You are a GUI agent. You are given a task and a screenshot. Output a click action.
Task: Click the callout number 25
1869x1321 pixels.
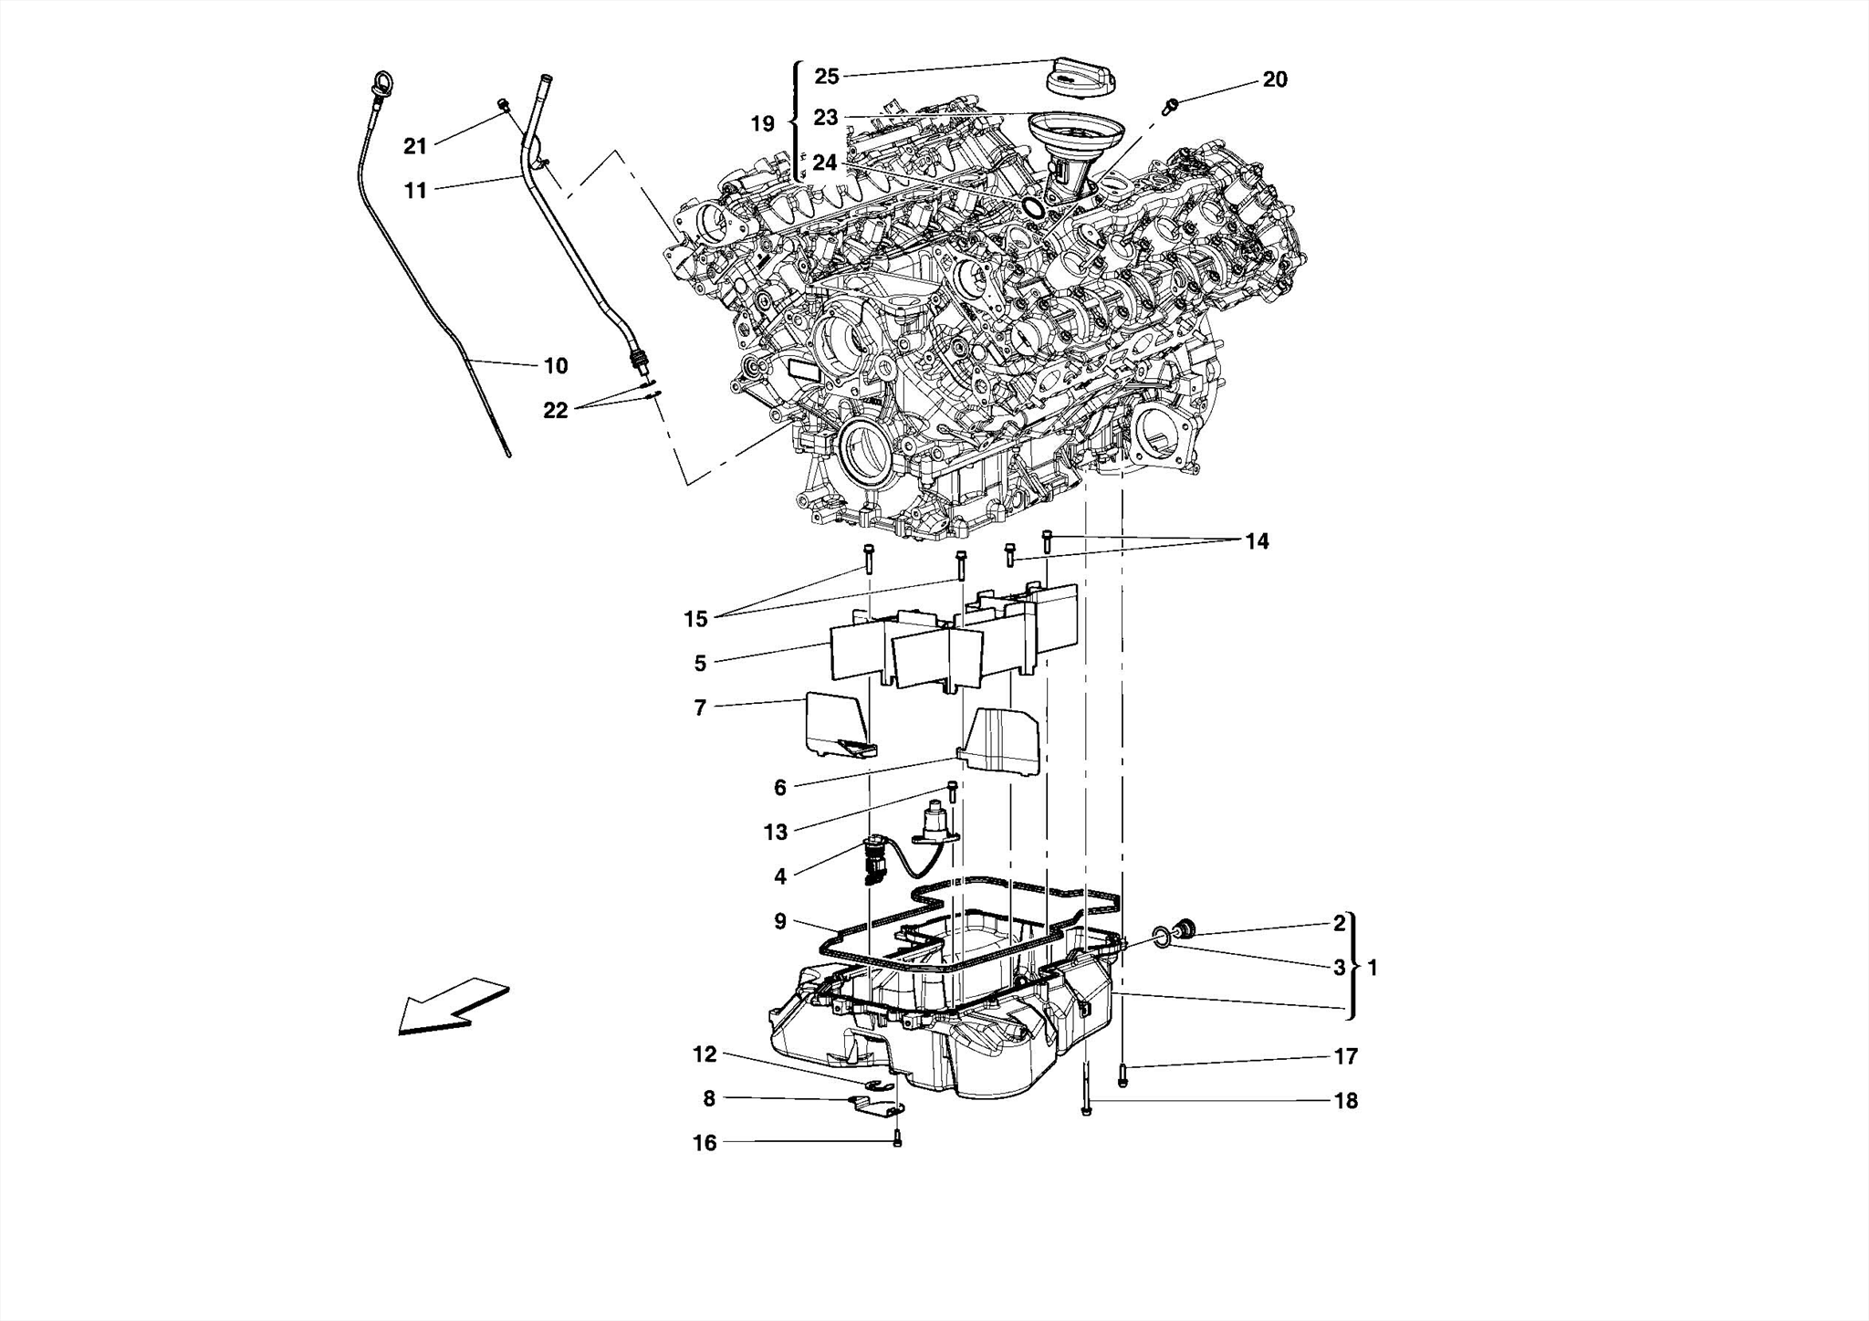[827, 76]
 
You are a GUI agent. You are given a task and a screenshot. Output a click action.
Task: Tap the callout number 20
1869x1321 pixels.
[1275, 79]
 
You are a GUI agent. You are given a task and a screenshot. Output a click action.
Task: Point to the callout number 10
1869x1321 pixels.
[556, 365]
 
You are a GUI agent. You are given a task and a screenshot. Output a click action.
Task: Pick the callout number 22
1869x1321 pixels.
[555, 411]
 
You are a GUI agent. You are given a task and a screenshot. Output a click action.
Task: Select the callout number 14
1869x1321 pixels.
[1257, 541]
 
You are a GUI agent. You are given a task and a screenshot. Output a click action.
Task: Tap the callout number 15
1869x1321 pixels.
[695, 619]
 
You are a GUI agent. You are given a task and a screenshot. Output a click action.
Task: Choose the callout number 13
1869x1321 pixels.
[776, 832]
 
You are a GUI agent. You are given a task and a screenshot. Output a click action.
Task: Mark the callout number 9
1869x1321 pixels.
[779, 921]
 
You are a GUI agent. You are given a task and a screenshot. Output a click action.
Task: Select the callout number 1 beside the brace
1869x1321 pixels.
[1373, 967]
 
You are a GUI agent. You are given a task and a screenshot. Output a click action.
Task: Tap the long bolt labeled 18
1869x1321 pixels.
[1085, 1091]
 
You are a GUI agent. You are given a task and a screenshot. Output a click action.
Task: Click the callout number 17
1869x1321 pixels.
[1346, 1056]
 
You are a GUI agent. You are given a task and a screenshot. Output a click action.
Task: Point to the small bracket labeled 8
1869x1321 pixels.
[878, 1107]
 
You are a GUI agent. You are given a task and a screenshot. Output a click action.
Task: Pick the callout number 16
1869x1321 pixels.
[705, 1143]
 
